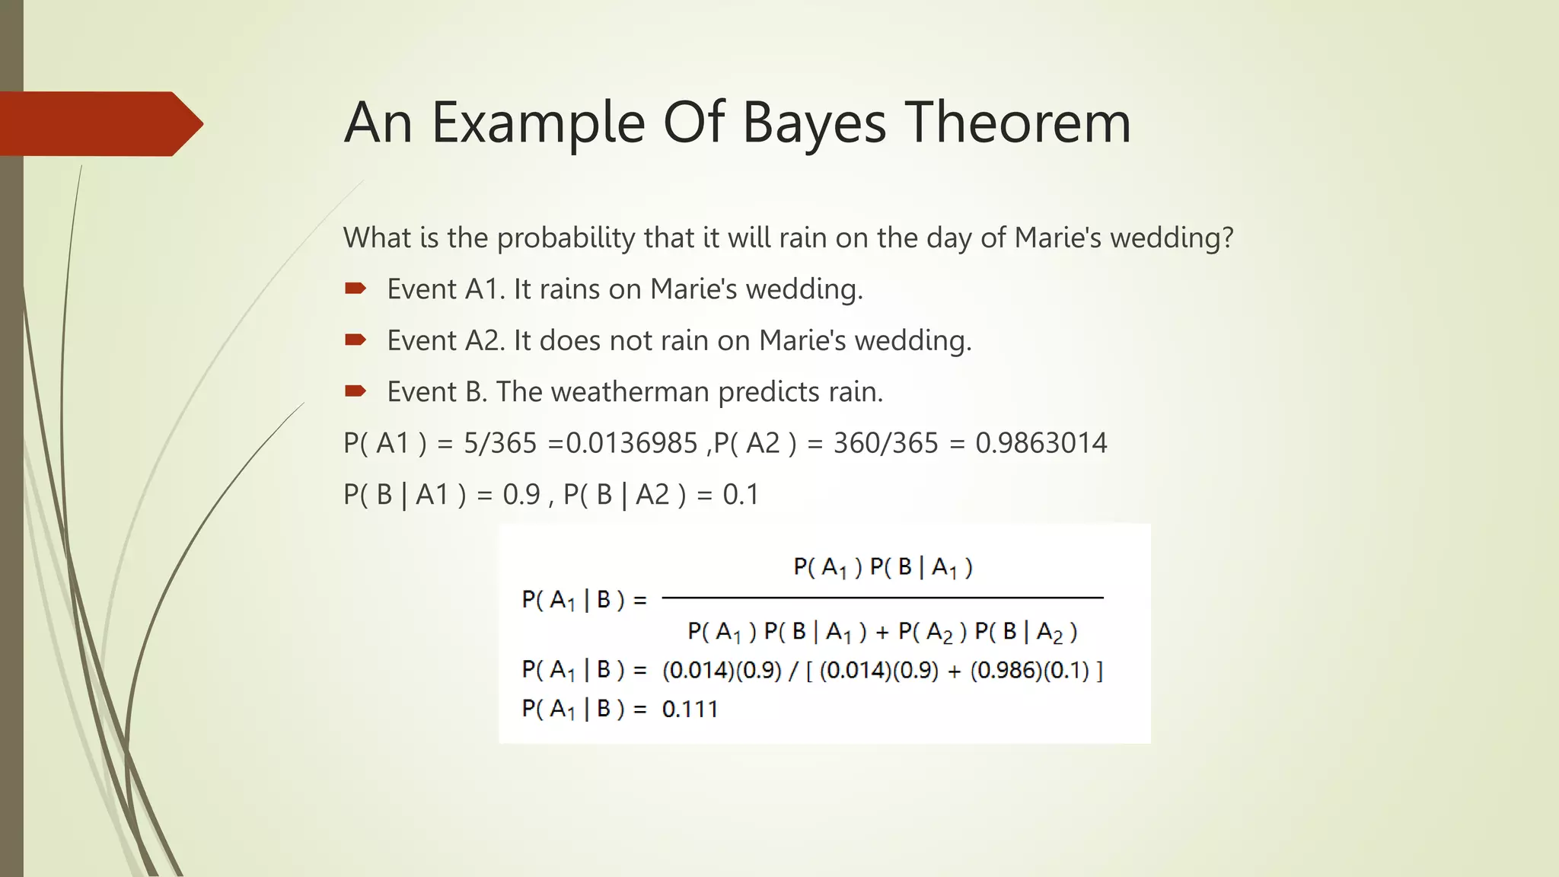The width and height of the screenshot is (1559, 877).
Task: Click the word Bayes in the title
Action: [x=814, y=123]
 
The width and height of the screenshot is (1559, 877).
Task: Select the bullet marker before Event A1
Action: [x=355, y=289]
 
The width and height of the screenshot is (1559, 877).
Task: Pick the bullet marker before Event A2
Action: [x=355, y=340]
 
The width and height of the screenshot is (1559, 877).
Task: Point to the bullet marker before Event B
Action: [x=355, y=391]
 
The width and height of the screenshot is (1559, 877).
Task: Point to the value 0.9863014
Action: [x=1041, y=443]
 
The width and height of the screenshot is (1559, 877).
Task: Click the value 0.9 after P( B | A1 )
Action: [x=521, y=495]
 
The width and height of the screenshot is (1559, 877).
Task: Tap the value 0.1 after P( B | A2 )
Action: [x=740, y=495]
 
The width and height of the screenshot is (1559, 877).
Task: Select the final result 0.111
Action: [x=690, y=710]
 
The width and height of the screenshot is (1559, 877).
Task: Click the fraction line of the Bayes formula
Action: [x=882, y=598]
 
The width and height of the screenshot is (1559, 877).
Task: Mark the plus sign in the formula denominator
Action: [x=882, y=632]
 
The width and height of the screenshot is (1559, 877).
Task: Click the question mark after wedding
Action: [x=1226, y=238]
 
